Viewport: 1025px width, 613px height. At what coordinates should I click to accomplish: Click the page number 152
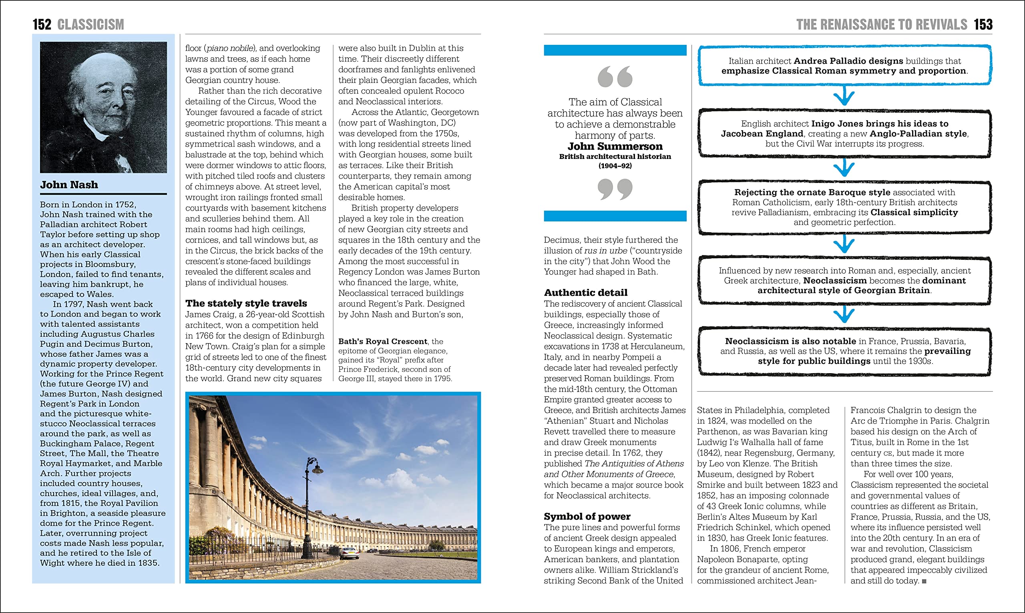coord(42,24)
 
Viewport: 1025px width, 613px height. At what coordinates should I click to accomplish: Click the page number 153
coord(983,24)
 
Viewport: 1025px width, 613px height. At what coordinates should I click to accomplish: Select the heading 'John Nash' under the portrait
coord(69,185)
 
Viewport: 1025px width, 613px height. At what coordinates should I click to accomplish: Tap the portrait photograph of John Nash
coord(103,107)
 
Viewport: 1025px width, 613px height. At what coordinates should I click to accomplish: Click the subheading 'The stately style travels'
coord(246,303)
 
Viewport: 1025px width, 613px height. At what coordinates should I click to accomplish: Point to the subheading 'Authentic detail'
coord(585,292)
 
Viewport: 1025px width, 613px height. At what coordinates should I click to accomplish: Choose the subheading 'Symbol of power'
coord(587,517)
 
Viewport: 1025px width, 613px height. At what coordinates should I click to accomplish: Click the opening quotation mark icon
coord(615,76)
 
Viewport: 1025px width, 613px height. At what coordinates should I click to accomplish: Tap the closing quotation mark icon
coord(615,189)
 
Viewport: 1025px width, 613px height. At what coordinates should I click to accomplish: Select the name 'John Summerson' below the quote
coord(615,146)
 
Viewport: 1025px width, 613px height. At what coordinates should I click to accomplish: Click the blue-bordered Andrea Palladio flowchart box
coord(844,66)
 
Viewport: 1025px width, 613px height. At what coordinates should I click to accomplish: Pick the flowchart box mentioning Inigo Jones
coord(844,133)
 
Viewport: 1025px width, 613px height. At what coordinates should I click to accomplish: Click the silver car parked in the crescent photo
coord(349,552)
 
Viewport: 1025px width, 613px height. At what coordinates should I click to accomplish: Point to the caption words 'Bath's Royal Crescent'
coord(382,341)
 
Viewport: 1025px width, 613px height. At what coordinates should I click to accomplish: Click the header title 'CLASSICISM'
coord(90,24)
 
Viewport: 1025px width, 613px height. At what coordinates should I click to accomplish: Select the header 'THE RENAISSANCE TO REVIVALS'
coord(881,24)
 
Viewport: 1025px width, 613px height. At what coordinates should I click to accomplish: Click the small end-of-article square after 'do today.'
coord(924,581)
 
